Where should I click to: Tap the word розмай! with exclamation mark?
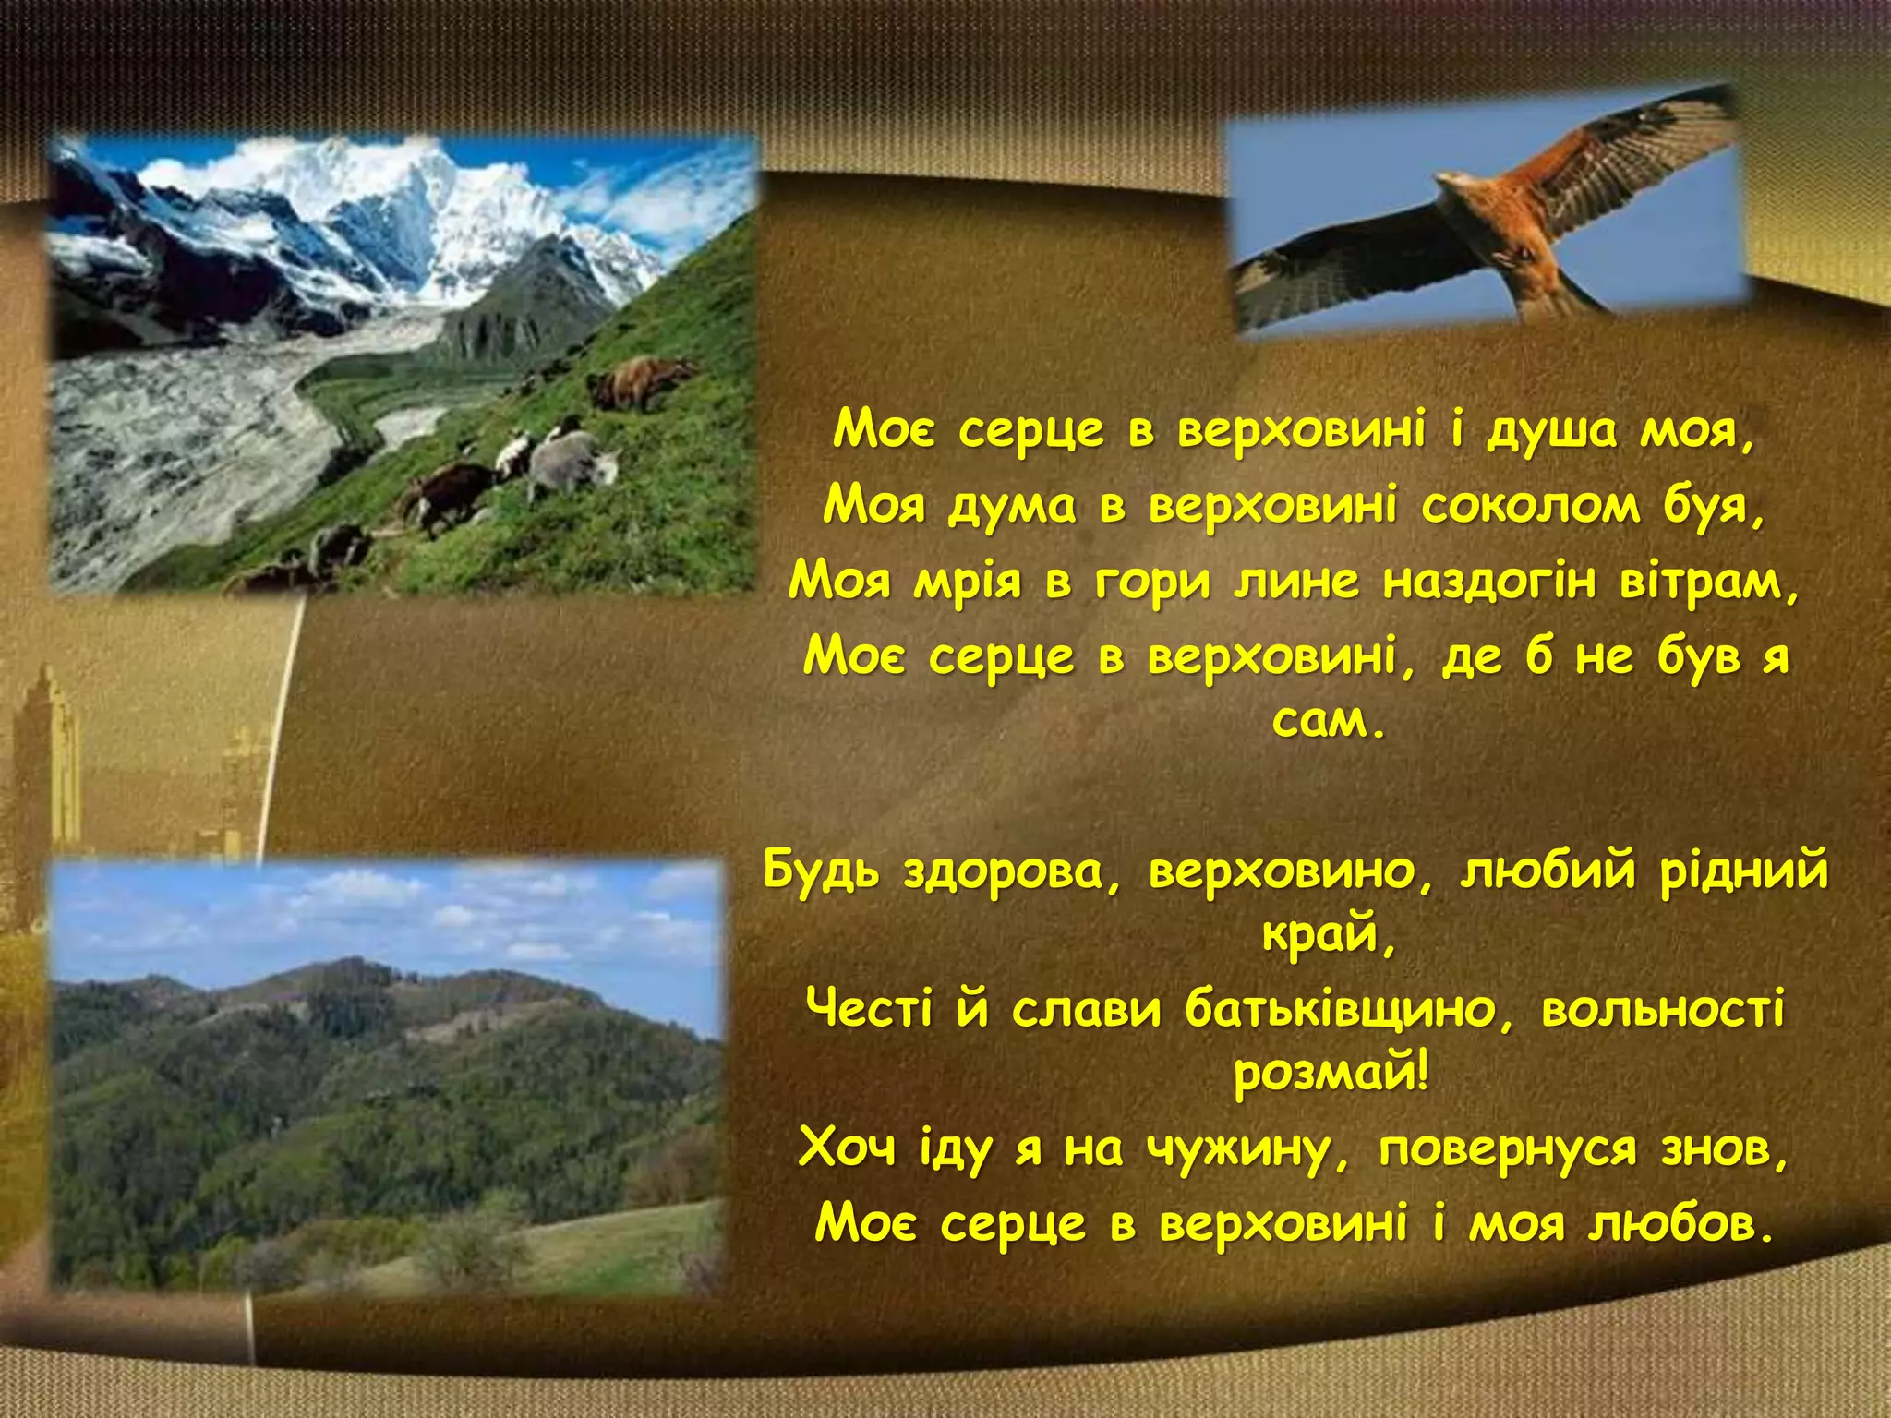point(1331,1074)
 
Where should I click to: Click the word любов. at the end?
point(1682,1224)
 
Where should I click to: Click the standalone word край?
point(1328,936)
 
